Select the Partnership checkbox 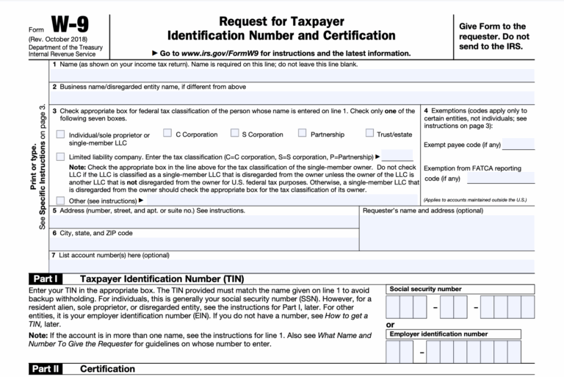302,133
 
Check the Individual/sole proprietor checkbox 59,134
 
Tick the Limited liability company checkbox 59,156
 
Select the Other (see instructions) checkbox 59,199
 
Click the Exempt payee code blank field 518,144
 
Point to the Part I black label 45,279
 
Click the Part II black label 46,367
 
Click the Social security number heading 425,290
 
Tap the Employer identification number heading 438,334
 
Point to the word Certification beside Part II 108,367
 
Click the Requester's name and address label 413,211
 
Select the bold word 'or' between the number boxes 390,324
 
